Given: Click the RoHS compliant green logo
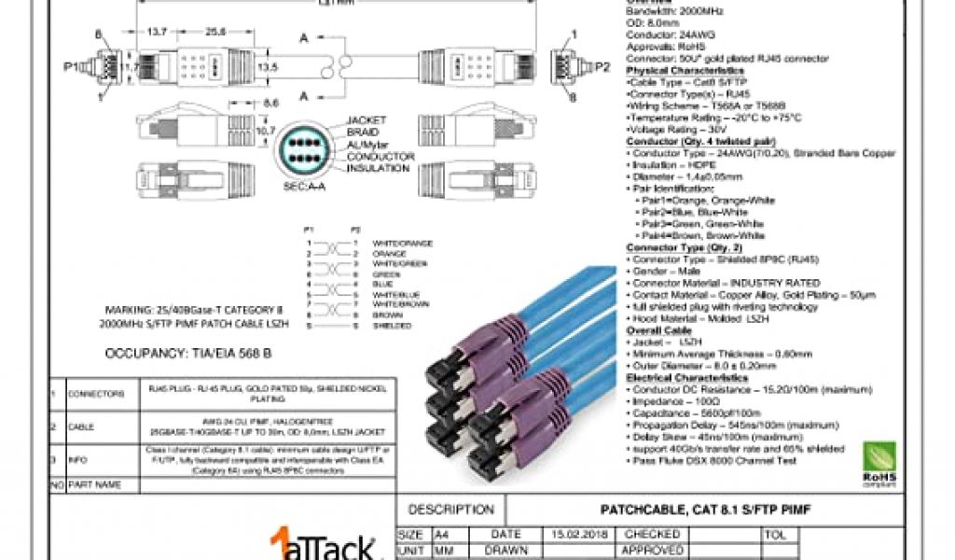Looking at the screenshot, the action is (879, 465).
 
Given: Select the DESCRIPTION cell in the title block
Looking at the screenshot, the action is (451, 511).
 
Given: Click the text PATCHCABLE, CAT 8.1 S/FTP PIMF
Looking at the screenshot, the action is (704, 511).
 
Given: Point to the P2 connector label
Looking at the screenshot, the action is (602, 67).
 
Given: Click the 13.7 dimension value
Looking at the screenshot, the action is (158, 32).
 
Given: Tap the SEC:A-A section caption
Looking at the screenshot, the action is (303, 187).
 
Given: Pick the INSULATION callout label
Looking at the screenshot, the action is (377, 169).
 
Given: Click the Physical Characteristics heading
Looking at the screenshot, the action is (685, 71).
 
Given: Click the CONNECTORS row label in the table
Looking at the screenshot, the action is (96, 394).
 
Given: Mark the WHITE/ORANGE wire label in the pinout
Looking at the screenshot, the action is (402, 244).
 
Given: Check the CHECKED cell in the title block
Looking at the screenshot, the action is (644, 535).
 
